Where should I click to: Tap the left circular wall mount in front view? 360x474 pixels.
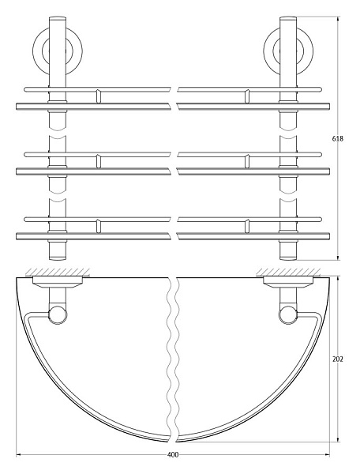coord(58,49)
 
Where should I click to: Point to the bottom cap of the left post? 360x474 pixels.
coord(58,251)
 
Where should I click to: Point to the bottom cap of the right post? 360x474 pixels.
coord(287,251)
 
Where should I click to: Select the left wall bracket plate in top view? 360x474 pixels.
coord(57,279)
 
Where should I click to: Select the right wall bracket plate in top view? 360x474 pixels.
coord(286,279)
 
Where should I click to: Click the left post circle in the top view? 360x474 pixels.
coord(58,316)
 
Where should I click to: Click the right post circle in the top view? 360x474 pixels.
coord(286,316)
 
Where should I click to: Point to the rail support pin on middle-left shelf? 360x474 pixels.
coord(97,160)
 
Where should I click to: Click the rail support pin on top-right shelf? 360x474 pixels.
coord(247,96)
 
